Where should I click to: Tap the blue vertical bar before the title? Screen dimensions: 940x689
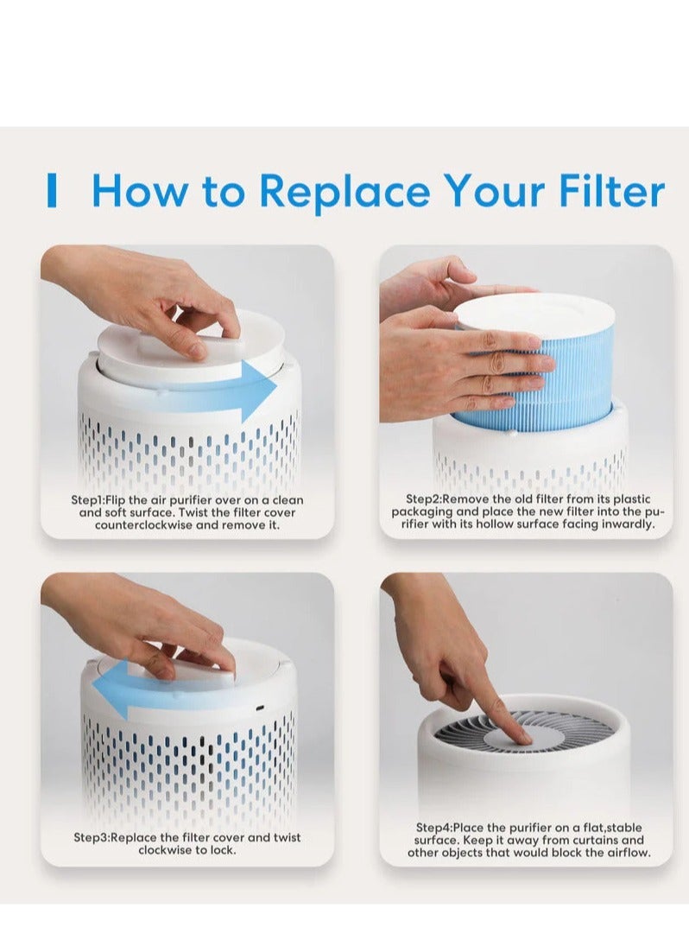point(52,191)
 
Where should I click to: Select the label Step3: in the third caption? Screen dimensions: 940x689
point(92,837)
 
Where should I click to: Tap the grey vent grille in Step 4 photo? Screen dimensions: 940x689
point(466,730)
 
